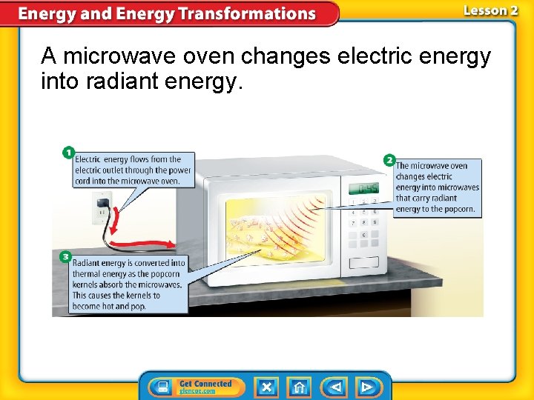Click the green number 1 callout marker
(68, 153)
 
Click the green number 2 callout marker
(389, 160)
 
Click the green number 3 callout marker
(66, 256)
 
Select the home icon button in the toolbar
(299, 387)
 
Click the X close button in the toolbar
(267, 387)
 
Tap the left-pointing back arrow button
(334, 387)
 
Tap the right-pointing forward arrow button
(367, 387)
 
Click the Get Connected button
(191, 387)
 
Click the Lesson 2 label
(490, 10)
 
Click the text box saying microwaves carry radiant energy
(437, 187)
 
